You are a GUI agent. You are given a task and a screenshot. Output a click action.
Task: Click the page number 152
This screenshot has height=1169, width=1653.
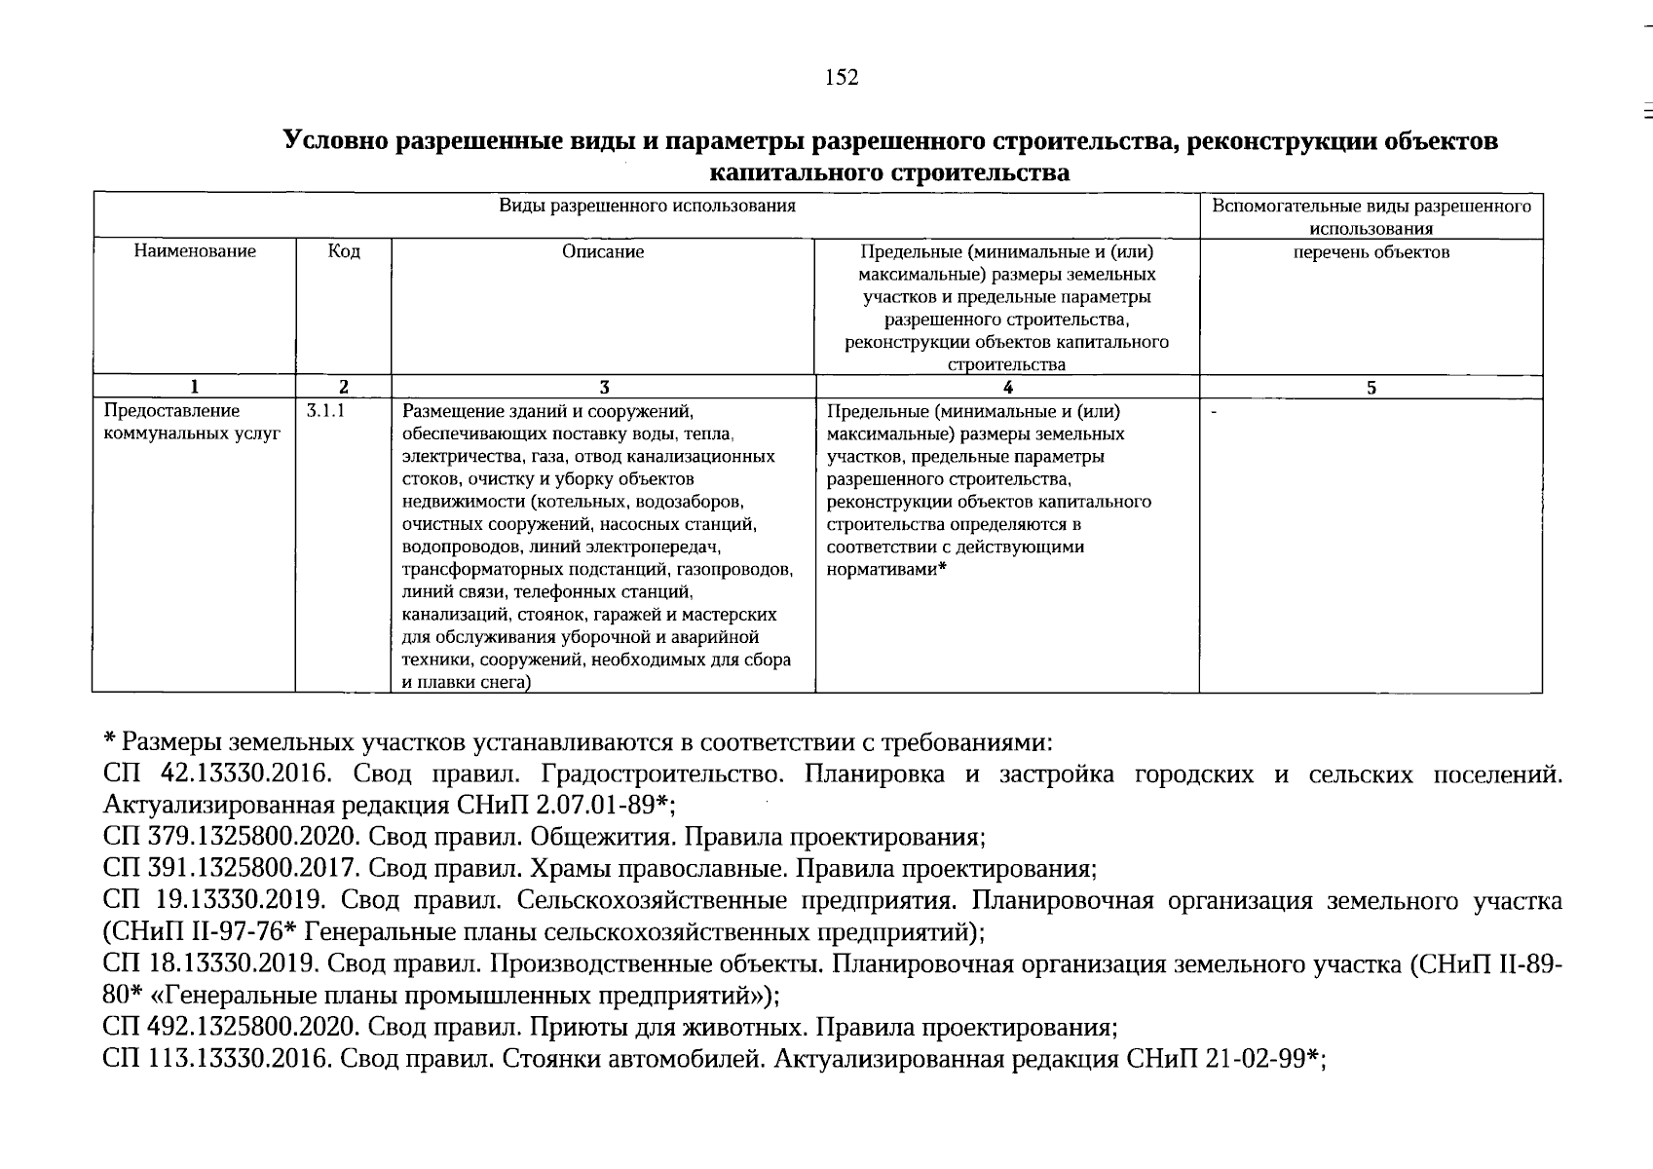coord(842,78)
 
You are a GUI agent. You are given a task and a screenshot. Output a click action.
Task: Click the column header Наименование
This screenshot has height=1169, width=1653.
coord(195,251)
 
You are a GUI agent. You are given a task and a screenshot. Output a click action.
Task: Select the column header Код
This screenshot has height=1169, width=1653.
coord(344,251)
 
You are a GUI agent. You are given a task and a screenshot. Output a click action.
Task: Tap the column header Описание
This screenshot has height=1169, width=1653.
coord(603,251)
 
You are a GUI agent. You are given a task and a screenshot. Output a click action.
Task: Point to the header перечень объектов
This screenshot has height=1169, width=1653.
coord(1371,252)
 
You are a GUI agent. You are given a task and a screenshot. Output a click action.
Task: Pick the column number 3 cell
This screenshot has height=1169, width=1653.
coord(604,387)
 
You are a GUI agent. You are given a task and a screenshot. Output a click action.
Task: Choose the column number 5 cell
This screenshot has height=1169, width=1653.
coord(1371,387)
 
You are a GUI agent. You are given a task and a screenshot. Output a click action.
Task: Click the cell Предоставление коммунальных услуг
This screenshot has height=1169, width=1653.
coord(193,422)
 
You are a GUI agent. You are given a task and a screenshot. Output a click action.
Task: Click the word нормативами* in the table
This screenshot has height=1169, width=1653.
coord(886,569)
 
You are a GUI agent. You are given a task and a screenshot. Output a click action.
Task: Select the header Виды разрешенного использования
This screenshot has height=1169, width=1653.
coord(647,206)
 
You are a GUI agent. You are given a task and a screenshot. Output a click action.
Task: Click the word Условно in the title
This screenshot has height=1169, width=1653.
coord(334,142)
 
